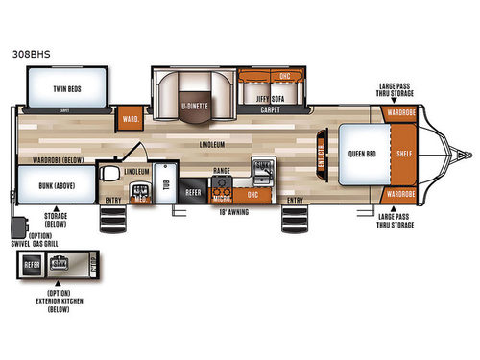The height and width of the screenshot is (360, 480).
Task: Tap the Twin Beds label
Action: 59,87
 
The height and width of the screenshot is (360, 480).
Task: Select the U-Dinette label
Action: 195,95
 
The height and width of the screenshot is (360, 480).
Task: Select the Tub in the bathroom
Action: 165,188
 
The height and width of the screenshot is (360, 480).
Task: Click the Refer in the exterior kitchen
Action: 32,263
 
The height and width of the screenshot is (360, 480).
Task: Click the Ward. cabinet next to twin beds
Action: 130,120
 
